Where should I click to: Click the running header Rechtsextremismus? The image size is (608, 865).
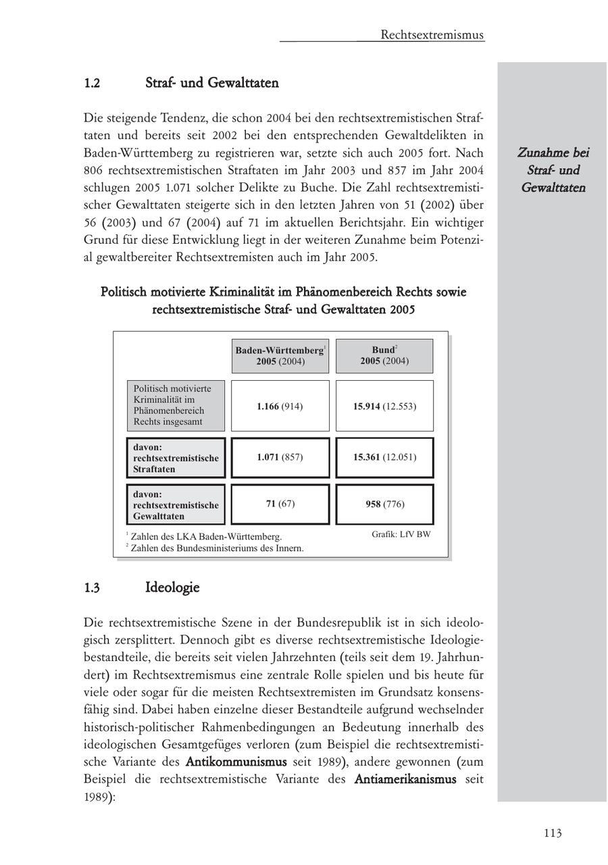click(x=432, y=34)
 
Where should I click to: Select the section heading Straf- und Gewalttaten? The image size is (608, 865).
click(x=211, y=83)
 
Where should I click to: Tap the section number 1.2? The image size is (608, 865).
click(x=93, y=84)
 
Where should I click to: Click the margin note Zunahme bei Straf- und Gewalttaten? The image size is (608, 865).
click(x=553, y=170)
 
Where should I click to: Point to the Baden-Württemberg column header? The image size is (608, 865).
click(x=280, y=356)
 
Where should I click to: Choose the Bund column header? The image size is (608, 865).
click(x=384, y=355)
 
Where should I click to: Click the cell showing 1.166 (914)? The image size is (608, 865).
click(x=280, y=407)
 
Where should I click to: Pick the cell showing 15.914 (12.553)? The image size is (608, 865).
click(x=384, y=407)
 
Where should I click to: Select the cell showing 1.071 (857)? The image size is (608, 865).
click(x=280, y=457)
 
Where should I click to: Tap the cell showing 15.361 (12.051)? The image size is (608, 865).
click(x=384, y=457)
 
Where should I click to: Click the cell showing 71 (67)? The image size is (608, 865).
click(x=280, y=504)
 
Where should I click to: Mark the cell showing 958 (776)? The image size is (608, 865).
click(x=384, y=504)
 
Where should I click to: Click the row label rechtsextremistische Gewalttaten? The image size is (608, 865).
click(x=176, y=505)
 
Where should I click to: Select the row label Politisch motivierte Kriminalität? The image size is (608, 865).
click(x=176, y=406)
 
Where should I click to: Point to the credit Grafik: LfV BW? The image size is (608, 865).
click(x=401, y=535)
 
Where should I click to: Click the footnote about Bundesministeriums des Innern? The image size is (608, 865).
click(x=216, y=548)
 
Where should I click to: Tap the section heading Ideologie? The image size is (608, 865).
click(x=172, y=587)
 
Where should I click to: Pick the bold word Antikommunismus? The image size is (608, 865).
click(x=236, y=762)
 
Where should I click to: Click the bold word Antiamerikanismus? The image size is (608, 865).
click(x=405, y=779)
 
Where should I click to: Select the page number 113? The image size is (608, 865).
click(x=552, y=833)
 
